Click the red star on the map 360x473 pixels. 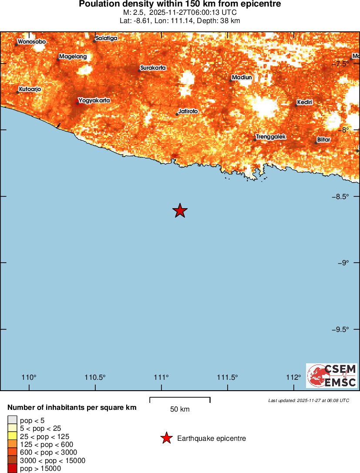click(x=180, y=211)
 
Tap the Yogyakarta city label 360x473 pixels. click(x=94, y=101)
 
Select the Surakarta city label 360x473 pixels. click(x=153, y=68)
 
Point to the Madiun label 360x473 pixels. click(x=242, y=78)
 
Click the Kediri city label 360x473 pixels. click(x=305, y=102)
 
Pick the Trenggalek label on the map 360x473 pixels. click(x=271, y=137)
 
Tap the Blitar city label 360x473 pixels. click(x=323, y=140)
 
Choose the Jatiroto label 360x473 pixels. click(x=188, y=111)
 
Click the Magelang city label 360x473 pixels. click(x=73, y=57)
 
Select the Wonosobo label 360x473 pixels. click(x=31, y=42)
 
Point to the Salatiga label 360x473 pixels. click(x=107, y=38)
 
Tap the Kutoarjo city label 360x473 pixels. click(x=30, y=89)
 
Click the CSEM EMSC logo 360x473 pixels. click(x=332, y=375)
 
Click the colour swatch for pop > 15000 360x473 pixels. click(x=12, y=469)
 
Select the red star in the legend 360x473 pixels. click(x=166, y=438)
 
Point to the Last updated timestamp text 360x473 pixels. click(x=309, y=400)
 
